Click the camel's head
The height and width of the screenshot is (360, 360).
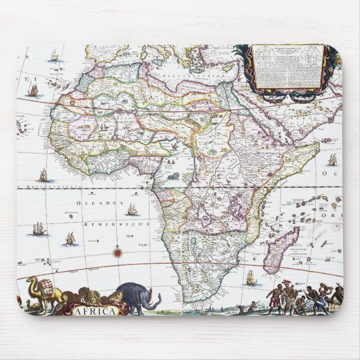[x=31, y=281]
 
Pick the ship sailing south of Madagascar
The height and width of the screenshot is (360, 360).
[x=251, y=277]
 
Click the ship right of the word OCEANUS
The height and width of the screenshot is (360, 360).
[x=132, y=210]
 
